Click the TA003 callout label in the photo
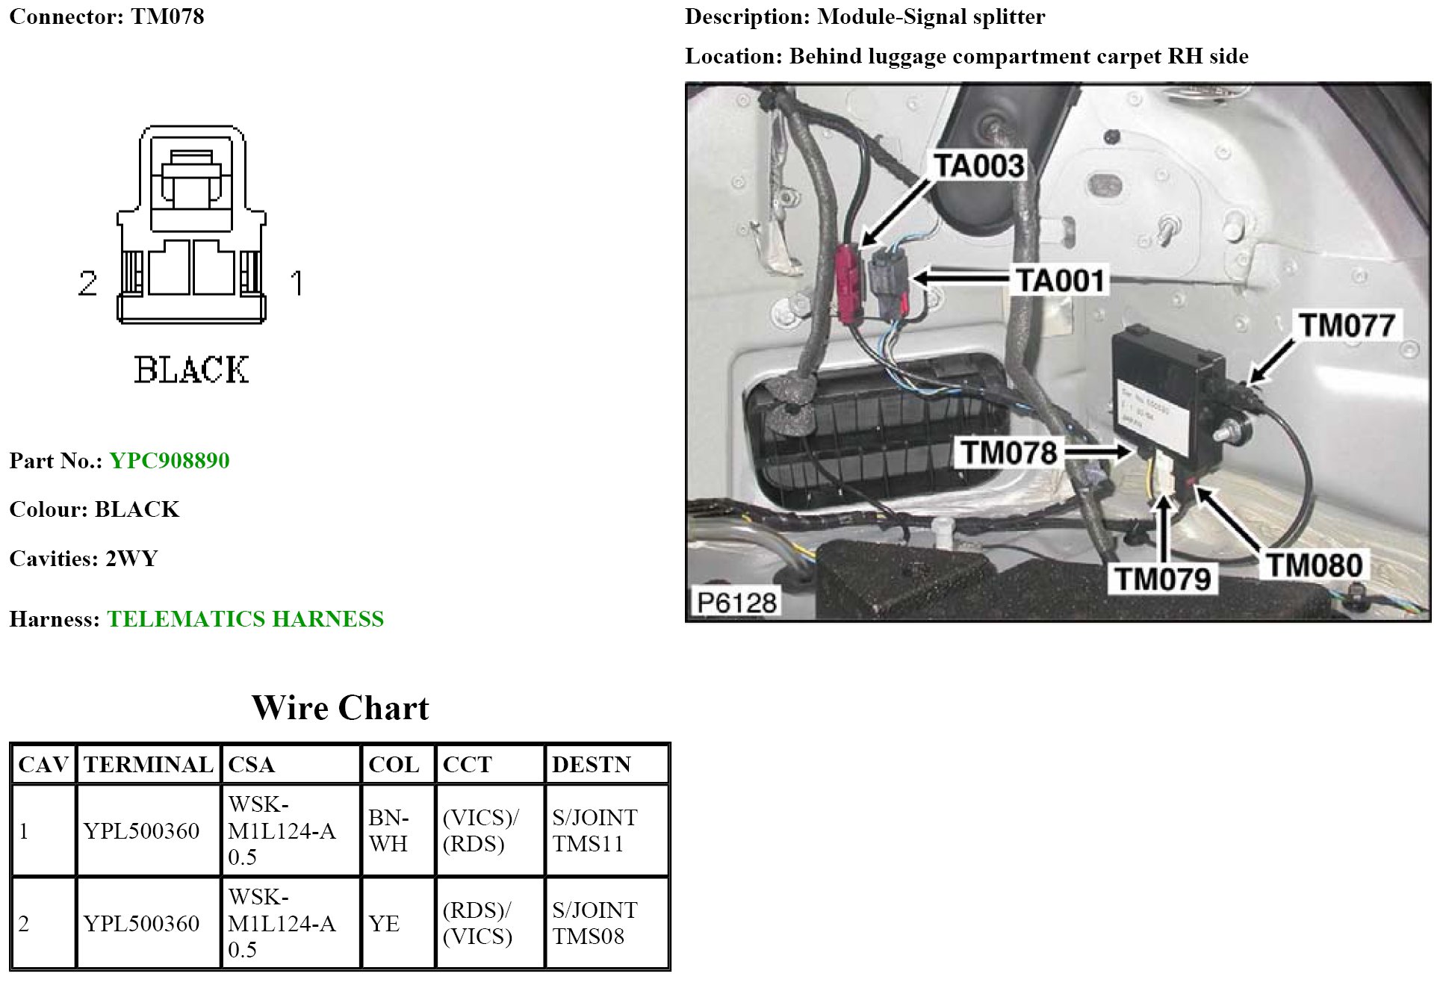(979, 166)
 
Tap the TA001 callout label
(1061, 281)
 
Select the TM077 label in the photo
(1347, 326)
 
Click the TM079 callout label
(1163, 579)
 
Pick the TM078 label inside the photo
(1008, 453)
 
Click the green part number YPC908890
(170, 461)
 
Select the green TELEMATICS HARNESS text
(245, 619)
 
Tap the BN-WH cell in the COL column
(389, 830)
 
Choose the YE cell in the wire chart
(384, 924)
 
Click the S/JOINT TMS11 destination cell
(595, 830)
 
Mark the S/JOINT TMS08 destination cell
(595, 924)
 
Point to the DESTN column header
(592, 765)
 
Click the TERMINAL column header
(149, 765)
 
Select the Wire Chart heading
(341, 708)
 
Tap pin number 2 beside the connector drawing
(87, 283)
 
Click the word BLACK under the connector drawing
(191, 370)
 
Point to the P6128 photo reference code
(736, 603)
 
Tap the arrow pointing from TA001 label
(961, 279)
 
